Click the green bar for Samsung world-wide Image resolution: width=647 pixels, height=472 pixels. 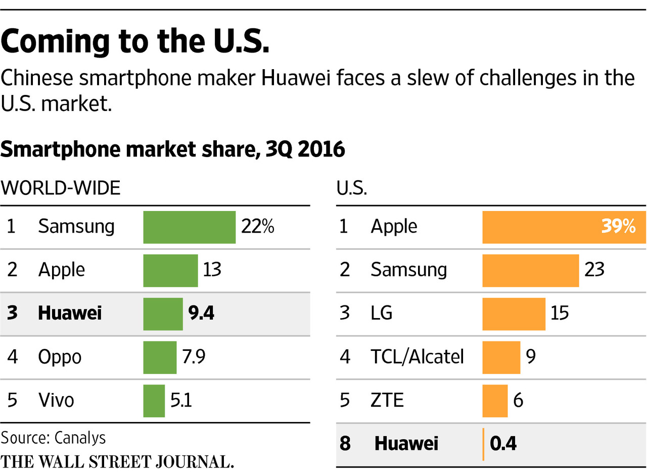click(189, 227)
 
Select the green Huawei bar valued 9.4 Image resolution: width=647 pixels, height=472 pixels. click(163, 314)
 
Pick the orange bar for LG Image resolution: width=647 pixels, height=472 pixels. click(514, 314)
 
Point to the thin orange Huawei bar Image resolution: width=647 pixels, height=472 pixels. click(484, 444)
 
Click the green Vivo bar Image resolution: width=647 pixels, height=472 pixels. click(154, 401)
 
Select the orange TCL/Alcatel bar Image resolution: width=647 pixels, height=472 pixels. click(501, 357)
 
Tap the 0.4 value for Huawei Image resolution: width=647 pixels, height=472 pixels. click(503, 444)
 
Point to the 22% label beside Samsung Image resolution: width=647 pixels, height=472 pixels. click(257, 227)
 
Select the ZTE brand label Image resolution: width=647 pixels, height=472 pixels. click(387, 401)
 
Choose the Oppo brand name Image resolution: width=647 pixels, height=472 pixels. click(60, 357)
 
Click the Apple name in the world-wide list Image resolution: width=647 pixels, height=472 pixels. click(61, 270)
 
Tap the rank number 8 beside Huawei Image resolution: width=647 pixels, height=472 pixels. click(345, 444)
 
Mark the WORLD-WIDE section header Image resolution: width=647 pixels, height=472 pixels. click(61, 188)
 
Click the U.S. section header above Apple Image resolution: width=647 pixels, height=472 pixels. click(352, 189)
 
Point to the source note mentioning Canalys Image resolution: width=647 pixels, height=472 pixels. click(53, 437)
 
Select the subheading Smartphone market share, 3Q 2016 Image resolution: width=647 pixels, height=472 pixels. click(172, 150)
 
